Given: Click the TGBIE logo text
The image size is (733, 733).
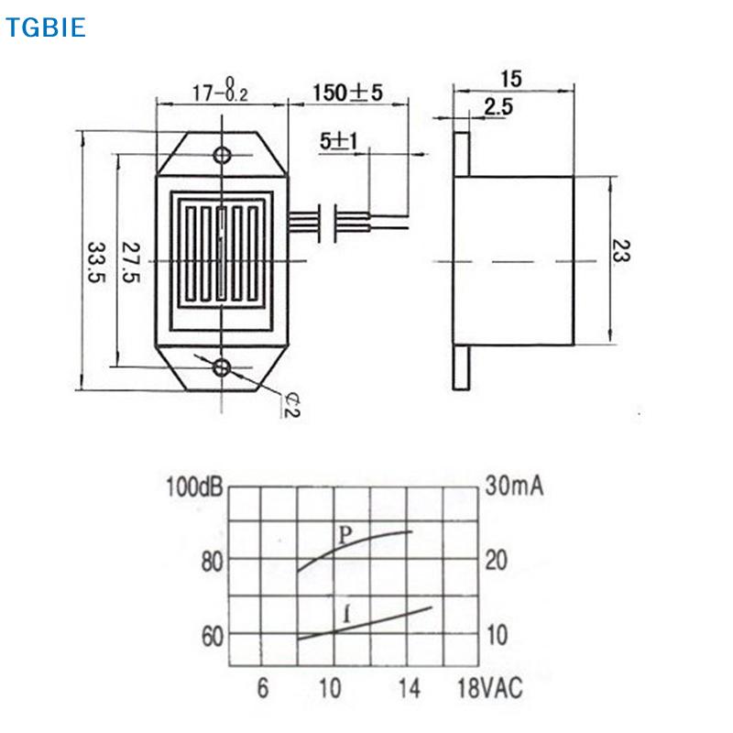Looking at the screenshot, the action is [45, 27].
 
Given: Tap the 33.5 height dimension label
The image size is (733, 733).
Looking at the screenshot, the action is [97, 262].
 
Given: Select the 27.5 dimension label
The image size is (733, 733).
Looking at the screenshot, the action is [130, 262].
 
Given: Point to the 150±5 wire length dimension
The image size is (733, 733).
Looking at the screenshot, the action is [347, 93].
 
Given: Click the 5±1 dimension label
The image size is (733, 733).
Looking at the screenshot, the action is [338, 141].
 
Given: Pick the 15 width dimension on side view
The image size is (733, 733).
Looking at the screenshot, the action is [511, 79].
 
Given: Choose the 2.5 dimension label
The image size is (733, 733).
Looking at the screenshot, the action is [498, 107].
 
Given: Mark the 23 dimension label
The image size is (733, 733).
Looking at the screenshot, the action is [621, 251].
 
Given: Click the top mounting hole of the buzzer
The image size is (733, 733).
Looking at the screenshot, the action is [222, 155].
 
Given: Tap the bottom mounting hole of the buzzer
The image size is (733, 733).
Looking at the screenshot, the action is [222, 368].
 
